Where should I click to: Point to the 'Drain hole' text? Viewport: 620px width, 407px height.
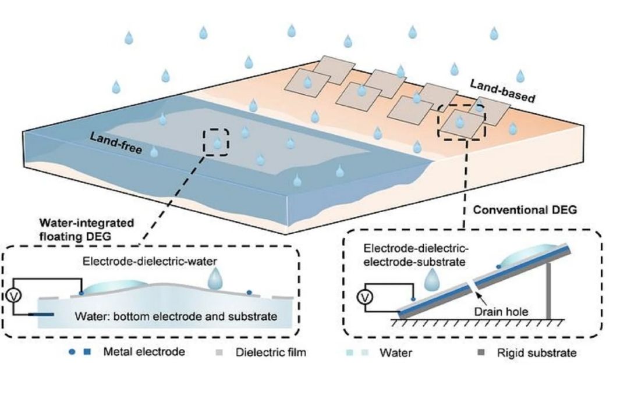click(x=504, y=312)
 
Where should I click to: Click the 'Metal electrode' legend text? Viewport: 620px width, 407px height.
click(x=144, y=352)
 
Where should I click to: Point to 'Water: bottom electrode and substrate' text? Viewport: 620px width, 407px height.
click(x=176, y=317)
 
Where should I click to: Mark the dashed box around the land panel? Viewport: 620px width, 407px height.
click(x=461, y=122)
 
